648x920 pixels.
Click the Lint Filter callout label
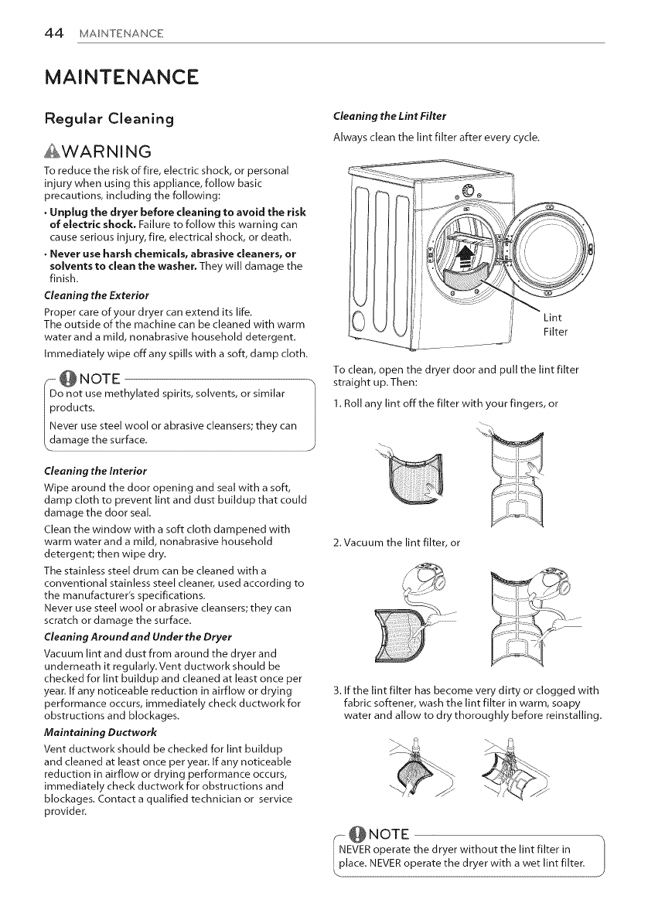click(x=554, y=324)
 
